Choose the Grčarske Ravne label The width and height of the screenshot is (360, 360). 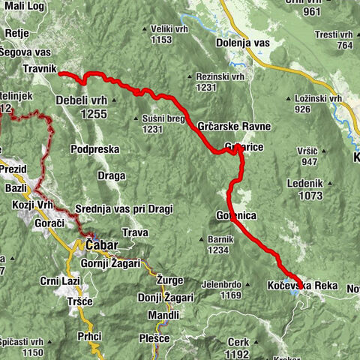coord(234,126)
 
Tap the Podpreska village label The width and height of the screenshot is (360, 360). coord(94,149)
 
